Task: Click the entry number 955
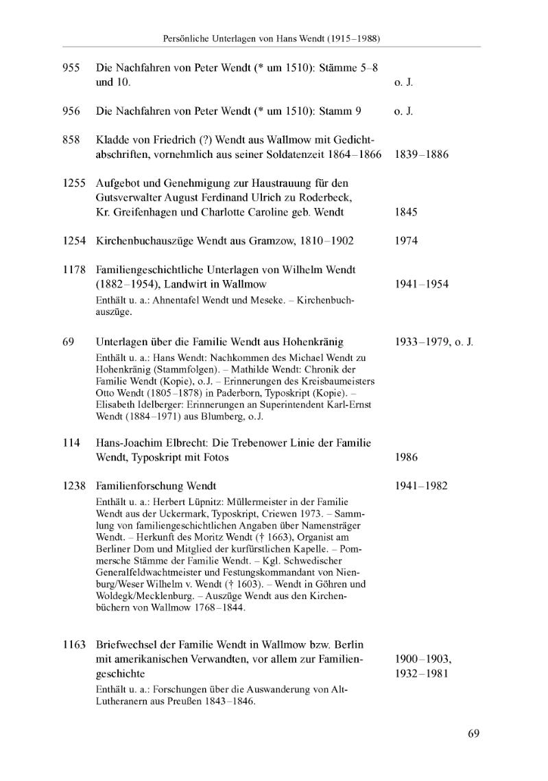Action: pos(71,68)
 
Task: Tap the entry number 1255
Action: pos(73,183)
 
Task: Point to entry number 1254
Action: pos(73,241)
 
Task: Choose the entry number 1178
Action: pos(73,270)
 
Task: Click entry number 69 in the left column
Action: pos(67,342)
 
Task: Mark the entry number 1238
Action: pos(73,486)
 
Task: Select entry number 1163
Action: pos(73,644)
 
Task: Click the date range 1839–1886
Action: pos(421,154)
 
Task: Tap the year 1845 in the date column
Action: pos(406,212)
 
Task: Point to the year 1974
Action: pos(406,241)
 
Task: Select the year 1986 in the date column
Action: pos(406,458)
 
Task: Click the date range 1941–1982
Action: pos(421,486)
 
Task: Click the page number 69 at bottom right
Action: pos(473,734)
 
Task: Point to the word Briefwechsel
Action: pos(130,644)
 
